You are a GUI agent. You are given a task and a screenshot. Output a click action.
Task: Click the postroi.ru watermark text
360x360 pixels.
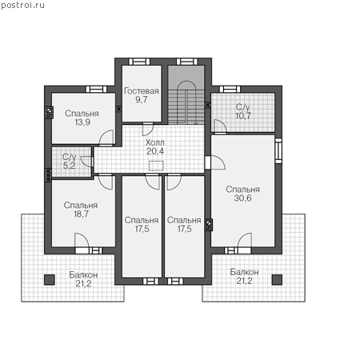coord(22,6)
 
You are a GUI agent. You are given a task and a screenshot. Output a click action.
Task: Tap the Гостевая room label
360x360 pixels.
coord(142,91)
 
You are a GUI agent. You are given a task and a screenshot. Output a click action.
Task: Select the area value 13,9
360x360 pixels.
coord(82,122)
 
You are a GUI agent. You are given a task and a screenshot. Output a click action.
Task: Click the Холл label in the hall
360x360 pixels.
coord(155,142)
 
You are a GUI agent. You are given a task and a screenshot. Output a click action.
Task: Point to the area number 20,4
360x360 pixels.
coord(155,151)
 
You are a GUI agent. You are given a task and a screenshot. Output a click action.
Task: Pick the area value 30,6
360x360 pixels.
coord(242,198)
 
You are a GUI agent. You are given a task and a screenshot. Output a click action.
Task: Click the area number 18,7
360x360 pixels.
coord(82,214)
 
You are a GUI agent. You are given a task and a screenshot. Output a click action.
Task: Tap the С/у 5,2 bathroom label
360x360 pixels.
coord(69,161)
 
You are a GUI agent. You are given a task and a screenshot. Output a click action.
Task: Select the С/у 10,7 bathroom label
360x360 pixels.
coord(243,111)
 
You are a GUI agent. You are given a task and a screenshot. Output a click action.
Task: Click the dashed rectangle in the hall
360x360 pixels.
coord(156,166)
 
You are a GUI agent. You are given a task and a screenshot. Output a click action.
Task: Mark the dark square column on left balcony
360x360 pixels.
coord(50,280)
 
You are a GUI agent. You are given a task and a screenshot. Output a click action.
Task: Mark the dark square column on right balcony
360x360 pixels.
coord(277,280)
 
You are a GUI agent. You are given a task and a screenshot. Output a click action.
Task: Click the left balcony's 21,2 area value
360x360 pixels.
coord(83,284)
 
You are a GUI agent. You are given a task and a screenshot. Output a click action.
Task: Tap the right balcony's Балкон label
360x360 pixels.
coord(244,272)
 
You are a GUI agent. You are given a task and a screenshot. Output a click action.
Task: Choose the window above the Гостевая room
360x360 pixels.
coord(139,62)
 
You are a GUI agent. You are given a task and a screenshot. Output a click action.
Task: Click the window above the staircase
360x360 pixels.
coord(187,62)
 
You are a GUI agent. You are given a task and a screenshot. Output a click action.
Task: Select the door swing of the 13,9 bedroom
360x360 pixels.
coord(106,138)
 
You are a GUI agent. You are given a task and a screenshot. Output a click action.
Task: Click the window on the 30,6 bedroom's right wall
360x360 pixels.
coord(278,150)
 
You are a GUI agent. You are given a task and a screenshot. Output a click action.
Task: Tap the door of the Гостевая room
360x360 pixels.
coord(148,129)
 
